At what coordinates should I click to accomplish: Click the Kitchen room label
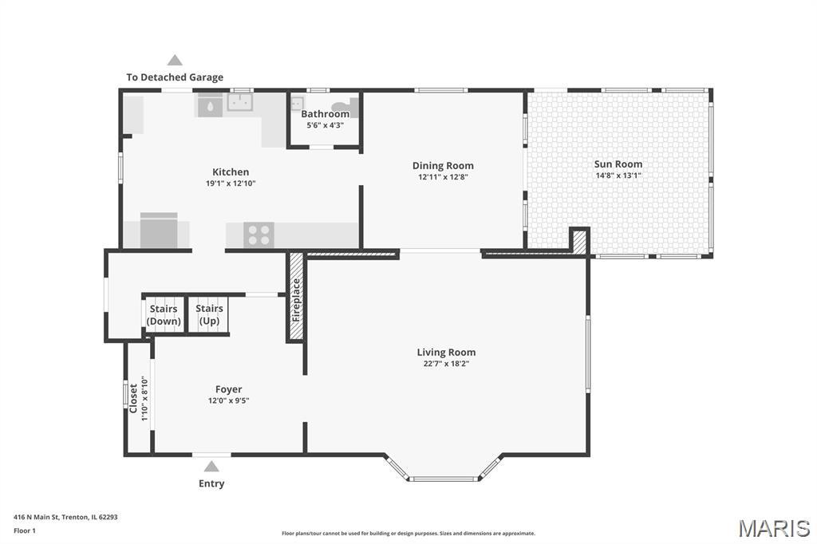231,172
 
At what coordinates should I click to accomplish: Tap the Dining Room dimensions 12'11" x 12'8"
443,177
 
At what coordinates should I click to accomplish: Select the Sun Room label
618,164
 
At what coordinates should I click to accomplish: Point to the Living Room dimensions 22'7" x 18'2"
446,364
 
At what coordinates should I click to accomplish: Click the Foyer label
228,389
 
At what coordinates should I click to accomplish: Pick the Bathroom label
326,113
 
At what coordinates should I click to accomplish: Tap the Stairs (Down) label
163,315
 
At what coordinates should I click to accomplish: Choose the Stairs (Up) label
209,315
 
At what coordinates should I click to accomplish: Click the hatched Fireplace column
296,297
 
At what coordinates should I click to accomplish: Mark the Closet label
133,399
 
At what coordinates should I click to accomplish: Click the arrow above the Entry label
211,467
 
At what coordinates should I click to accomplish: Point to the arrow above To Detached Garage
175,60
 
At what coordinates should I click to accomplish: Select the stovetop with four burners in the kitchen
259,235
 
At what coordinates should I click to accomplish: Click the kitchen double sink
239,102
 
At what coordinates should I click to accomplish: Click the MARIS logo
774,528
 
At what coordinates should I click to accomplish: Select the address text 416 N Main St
37,517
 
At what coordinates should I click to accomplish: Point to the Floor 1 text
25,530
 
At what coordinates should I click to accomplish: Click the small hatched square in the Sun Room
579,242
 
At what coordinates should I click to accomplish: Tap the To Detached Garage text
175,77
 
